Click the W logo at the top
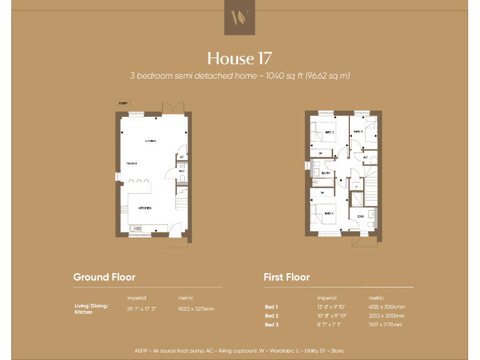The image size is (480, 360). pos(239,17)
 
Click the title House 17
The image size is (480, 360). pos(239,59)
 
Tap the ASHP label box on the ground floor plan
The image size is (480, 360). pos(122,102)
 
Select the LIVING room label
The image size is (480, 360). pos(151,141)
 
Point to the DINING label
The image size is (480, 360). pos(131,164)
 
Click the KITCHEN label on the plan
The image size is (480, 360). pos(145,208)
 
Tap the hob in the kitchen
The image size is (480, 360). pos(124,209)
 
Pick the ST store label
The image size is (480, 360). pos(181,156)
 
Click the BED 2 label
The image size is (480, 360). pos(330,132)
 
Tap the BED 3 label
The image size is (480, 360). pos(358,132)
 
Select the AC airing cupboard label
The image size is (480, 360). pos(366,157)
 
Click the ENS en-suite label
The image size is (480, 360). pos(361,216)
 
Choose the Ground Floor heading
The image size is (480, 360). pos(104,277)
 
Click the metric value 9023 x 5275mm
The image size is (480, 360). pos(196,309)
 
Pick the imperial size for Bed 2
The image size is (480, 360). pos(331,316)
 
